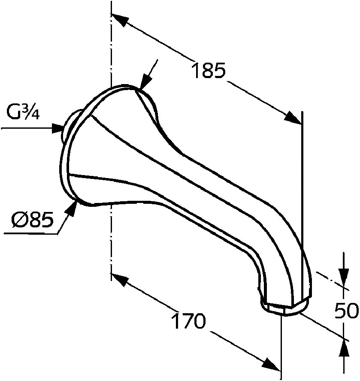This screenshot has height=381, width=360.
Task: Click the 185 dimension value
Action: pos(208,70)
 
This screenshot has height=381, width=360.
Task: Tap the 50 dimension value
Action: pos(345,311)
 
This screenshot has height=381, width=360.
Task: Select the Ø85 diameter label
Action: pos(33,221)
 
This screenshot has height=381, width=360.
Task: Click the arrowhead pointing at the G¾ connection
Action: pos(58,127)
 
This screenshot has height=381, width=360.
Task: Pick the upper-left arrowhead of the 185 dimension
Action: pos(120,20)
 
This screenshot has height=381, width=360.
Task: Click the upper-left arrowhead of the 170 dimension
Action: pos(120,279)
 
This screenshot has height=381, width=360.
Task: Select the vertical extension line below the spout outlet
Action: pos(281,343)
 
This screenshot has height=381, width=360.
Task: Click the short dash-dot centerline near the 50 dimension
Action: pos(326,278)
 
